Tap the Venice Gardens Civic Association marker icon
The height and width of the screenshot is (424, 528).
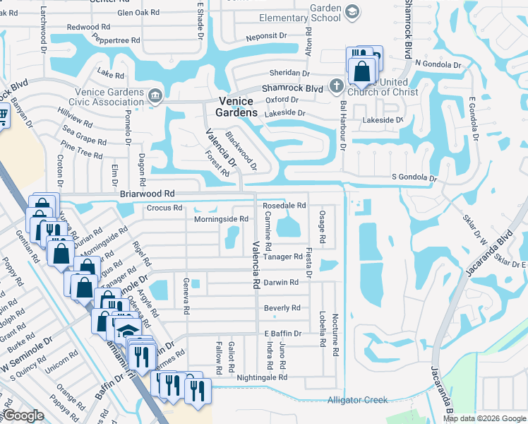[155, 95]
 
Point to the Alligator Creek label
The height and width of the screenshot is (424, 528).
[357, 400]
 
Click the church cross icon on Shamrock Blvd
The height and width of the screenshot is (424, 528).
[336, 86]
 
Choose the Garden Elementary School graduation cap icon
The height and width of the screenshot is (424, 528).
[352, 12]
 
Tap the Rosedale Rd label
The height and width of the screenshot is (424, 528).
[284, 206]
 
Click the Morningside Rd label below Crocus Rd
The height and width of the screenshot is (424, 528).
[221, 219]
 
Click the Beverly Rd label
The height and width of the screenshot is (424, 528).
[282, 308]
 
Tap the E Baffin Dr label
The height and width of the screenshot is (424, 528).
[282, 334]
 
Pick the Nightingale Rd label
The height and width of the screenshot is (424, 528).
[262, 378]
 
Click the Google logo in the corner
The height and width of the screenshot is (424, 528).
[23, 416]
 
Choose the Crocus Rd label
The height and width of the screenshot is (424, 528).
[164, 208]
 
